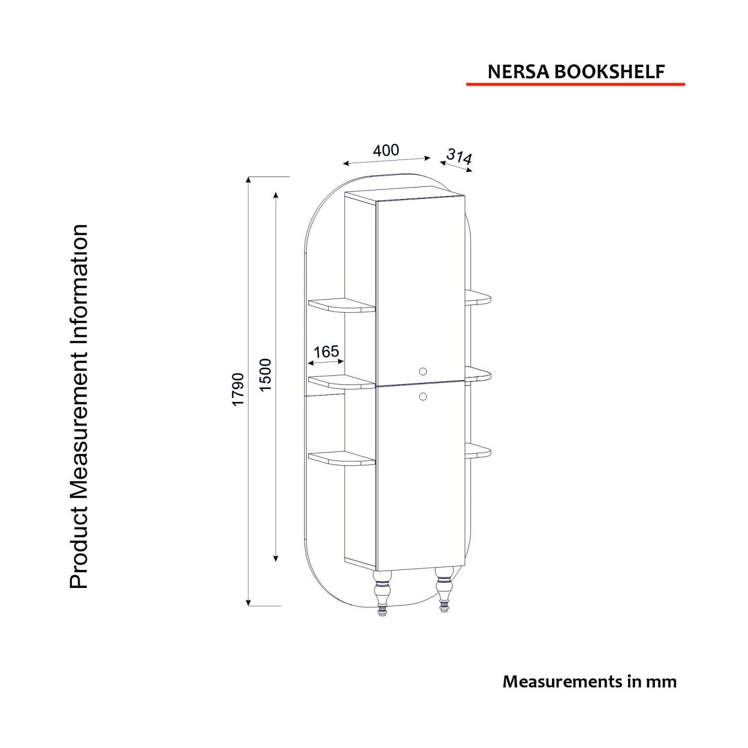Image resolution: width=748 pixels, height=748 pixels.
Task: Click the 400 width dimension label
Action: pyautogui.click(x=386, y=150)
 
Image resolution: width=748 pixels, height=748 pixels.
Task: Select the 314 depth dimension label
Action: pyautogui.click(x=459, y=157)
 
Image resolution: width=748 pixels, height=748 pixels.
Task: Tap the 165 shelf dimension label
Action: pyautogui.click(x=326, y=352)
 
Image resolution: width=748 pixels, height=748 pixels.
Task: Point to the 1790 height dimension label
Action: pyautogui.click(x=238, y=389)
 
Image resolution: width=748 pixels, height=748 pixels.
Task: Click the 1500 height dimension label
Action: pyautogui.click(x=266, y=375)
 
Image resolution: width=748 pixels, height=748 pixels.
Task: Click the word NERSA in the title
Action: pyautogui.click(x=519, y=72)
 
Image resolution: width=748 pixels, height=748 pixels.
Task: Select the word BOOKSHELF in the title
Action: pyautogui.click(x=609, y=72)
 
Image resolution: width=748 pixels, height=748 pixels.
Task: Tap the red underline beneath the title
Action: pyautogui.click(x=575, y=84)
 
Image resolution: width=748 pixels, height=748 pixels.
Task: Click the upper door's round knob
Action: pyautogui.click(x=423, y=371)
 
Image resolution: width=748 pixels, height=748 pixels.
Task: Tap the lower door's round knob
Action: pyautogui.click(x=423, y=396)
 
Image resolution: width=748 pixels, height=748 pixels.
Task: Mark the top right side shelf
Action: pyautogui.click(x=478, y=298)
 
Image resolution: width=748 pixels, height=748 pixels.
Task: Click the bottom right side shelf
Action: pyautogui.click(x=478, y=450)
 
